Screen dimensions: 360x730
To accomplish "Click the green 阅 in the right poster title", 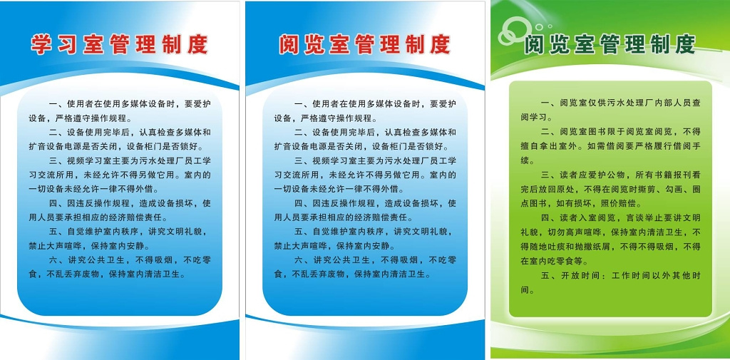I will pos(535,44).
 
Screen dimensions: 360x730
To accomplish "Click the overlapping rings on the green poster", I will pos(514,29).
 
